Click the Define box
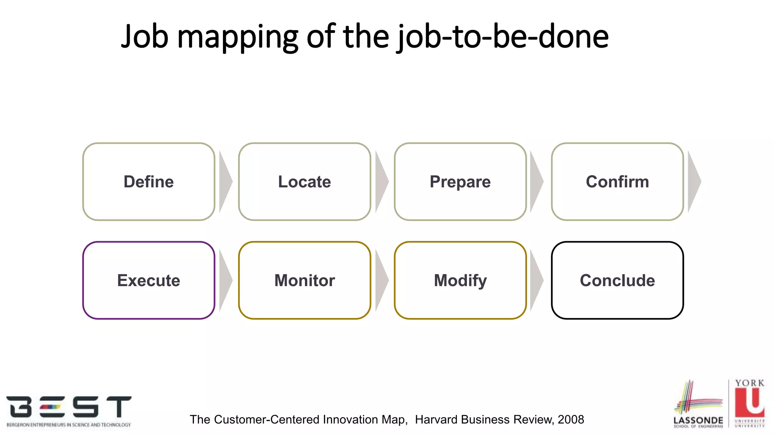pyautogui.click(x=149, y=182)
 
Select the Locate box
pyautogui.click(x=304, y=182)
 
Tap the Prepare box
pyautogui.click(x=460, y=182)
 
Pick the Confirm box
pyautogui.click(x=617, y=182)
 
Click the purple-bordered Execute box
pyautogui.click(x=149, y=280)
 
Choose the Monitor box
pyautogui.click(x=304, y=280)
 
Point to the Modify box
pyautogui.click(x=460, y=280)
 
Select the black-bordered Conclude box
pyautogui.click(x=617, y=280)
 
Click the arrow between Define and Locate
pyautogui.click(x=225, y=182)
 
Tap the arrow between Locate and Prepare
pyautogui.click(x=381, y=182)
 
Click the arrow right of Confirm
pyautogui.click(x=694, y=182)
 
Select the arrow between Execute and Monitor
pyautogui.click(x=225, y=280)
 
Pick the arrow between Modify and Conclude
pyautogui.click(x=536, y=280)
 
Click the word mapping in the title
pyautogui.click(x=237, y=37)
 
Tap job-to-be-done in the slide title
pyautogui.click(x=503, y=37)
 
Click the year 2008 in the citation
pyautogui.click(x=571, y=420)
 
